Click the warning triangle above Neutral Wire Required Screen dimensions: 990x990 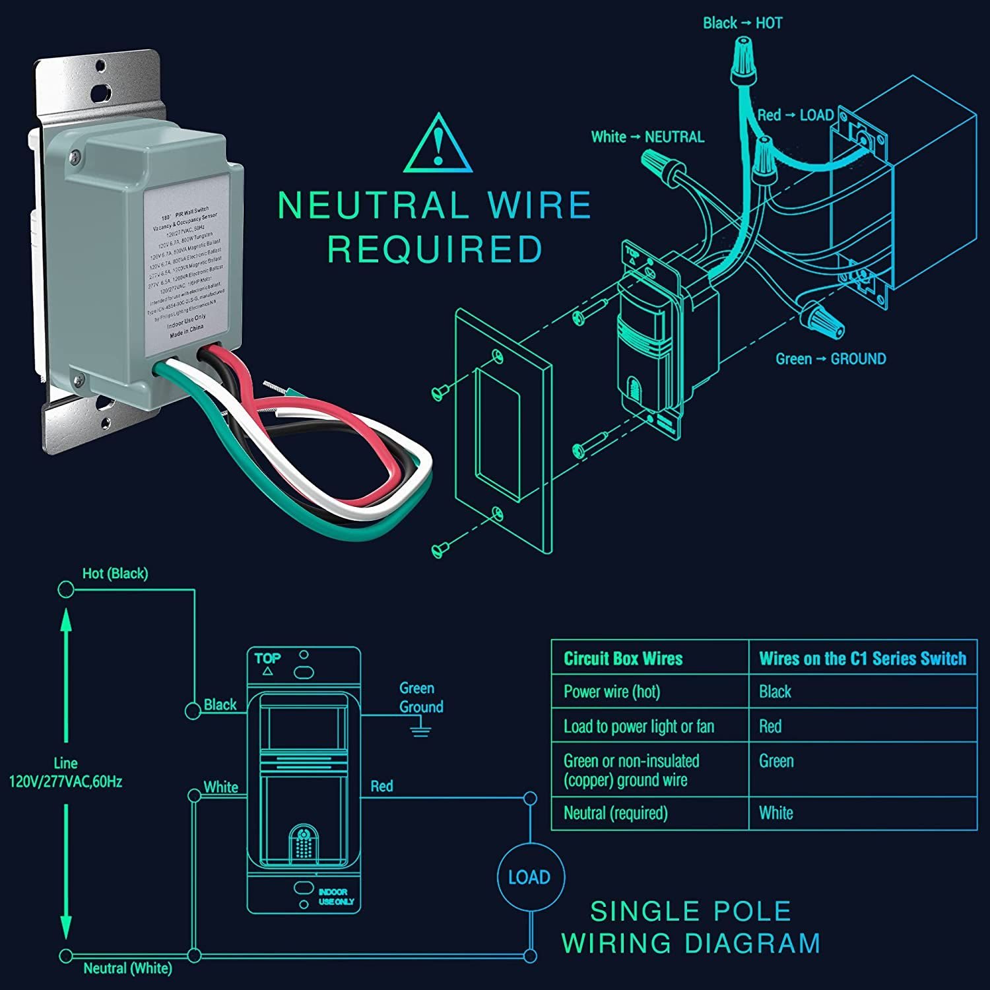click(438, 146)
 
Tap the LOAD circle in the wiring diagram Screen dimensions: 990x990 click(530, 876)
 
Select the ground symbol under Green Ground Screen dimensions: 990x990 click(420, 729)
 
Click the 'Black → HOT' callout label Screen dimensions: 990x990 click(742, 23)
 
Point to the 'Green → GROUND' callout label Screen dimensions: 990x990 click(830, 359)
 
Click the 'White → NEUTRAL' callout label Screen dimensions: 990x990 click(647, 137)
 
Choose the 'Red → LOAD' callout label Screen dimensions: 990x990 click(795, 115)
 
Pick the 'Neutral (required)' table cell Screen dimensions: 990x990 click(615, 813)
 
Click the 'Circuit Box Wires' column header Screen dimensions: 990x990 click(623, 659)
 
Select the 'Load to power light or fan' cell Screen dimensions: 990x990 click(638, 727)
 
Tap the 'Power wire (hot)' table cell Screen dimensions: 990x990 click(611, 692)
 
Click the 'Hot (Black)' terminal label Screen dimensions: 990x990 click(115, 574)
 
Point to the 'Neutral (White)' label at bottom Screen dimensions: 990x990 click(127, 968)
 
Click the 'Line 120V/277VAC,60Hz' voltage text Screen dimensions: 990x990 click(65, 773)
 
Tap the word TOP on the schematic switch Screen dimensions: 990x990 click(267, 658)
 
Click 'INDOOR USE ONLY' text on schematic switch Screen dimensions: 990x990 click(336, 896)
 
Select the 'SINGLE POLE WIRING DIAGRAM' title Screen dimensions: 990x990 click(690, 927)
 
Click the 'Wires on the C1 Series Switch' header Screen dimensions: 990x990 click(862, 659)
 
